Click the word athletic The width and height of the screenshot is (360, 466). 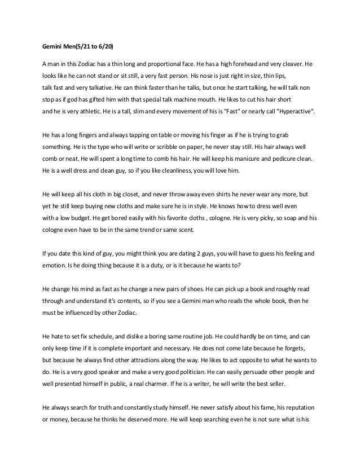(87, 113)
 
